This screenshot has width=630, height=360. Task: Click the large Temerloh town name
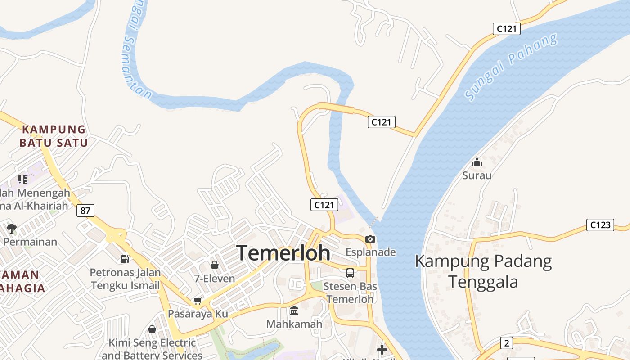click(x=283, y=253)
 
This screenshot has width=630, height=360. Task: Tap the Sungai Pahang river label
click(x=511, y=67)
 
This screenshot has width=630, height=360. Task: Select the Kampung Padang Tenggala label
click(x=483, y=271)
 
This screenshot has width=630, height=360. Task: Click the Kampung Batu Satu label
click(x=54, y=136)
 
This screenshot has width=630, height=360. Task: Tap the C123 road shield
click(x=600, y=225)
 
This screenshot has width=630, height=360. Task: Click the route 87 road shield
click(x=85, y=210)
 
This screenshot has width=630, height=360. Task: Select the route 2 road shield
click(x=507, y=343)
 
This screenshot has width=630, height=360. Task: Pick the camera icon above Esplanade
click(x=370, y=239)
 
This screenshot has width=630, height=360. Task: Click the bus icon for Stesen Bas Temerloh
click(x=350, y=273)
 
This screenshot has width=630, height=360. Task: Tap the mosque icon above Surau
click(x=477, y=162)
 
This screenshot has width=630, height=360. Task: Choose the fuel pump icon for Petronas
click(x=125, y=259)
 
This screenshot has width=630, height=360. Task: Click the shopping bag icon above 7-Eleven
click(x=215, y=265)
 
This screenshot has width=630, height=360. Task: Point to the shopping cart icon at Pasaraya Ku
click(x=198, y=301)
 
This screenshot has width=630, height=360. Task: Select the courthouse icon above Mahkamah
click(x=294, y=310)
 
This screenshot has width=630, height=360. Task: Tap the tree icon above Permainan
click(x=12, y=228)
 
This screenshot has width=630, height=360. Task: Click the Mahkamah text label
click(x=294, y=324)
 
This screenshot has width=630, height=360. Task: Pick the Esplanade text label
click(x=370, y=252)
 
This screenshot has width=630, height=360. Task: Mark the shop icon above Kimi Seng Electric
click(x=152, y=329)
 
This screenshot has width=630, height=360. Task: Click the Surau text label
click(x=477, y=175)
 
